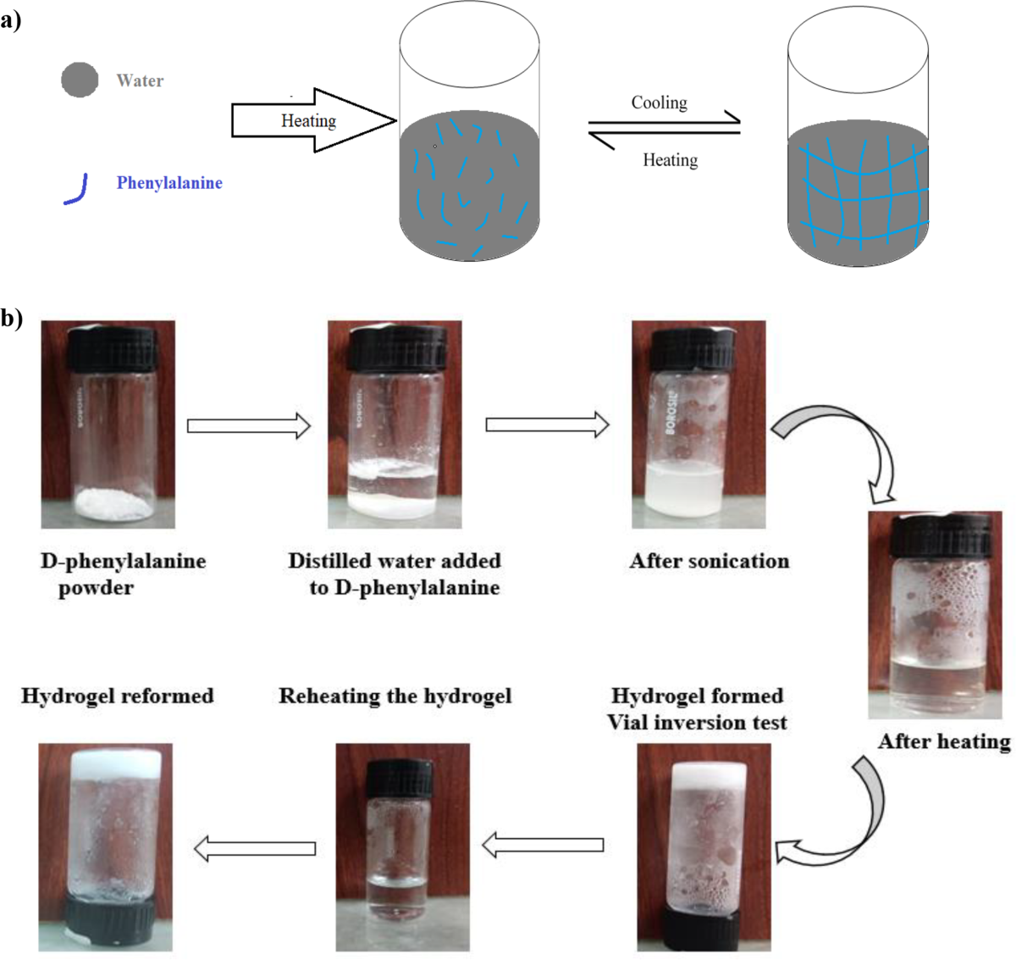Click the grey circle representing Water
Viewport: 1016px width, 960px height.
(x=80, y=80)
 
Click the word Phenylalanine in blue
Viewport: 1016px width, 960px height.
(x=169, y=183)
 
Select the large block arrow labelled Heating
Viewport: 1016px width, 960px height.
(x=313, y=120)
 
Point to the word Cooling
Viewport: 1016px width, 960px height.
(x=659, y=103)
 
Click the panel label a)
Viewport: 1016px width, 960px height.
(x=11, y=19)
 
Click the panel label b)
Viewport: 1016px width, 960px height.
(x=11, y=318)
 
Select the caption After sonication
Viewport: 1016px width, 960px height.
(x=709, y=561)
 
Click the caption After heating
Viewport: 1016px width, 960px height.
(x=944, y=741)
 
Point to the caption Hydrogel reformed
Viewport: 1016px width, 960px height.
(x=117, y=696)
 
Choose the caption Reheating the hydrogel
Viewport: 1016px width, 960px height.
(x=395, y=696)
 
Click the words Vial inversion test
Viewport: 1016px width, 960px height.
(x=697, y=723)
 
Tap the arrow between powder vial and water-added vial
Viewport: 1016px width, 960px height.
(x=248, y=425)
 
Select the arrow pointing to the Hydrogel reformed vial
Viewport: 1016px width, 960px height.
(x=255, y=848)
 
